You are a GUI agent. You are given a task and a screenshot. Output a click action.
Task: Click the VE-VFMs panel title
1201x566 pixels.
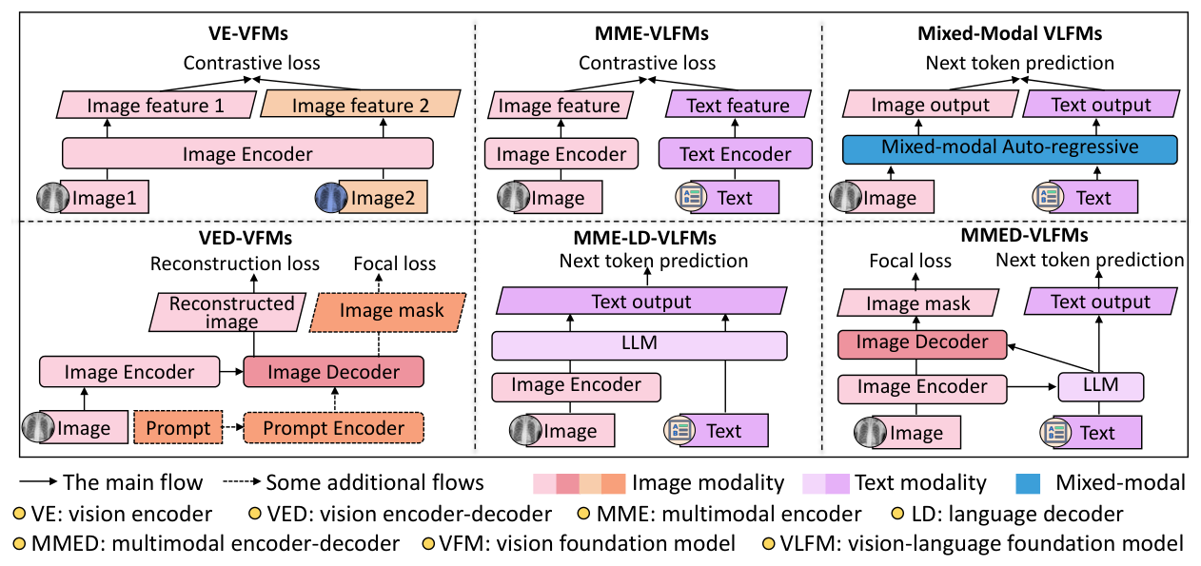(248, 33)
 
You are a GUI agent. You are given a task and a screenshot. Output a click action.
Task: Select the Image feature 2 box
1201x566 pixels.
(361, 104)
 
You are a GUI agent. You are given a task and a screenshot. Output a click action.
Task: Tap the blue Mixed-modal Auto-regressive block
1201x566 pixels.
(1010, 149)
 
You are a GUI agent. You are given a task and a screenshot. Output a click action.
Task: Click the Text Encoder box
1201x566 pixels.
(735, 154)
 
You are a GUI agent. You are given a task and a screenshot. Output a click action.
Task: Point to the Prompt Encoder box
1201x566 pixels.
(333, 428)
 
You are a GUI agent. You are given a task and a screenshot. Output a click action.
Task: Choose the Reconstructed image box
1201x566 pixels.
(227, 312)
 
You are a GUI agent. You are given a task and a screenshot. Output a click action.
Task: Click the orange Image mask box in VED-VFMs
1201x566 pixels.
(388, 312)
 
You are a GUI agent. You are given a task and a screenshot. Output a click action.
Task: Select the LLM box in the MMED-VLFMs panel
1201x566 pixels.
(1101, 386)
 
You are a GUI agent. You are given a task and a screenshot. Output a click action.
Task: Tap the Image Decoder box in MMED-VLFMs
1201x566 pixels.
(922, 344)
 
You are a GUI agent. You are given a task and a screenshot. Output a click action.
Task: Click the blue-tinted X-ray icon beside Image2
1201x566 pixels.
(331, 198)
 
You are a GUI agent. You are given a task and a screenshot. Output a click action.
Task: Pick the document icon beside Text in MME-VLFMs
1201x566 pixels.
(691, 197)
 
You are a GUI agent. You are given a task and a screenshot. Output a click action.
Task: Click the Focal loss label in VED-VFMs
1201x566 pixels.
(395, 263)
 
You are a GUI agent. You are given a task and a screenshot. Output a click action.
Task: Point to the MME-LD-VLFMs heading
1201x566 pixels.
(645, 238)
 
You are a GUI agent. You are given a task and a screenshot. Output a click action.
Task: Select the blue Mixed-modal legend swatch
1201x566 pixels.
(1028, 483)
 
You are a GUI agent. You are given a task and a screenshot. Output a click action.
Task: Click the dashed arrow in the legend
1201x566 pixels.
(242, 481)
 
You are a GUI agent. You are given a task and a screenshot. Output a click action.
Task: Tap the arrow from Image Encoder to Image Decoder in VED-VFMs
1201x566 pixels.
(231, 371)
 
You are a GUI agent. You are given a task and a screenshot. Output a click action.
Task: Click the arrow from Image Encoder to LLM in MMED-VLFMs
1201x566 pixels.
(1033, 386)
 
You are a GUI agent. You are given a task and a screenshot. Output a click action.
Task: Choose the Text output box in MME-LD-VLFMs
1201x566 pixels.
(641, 302)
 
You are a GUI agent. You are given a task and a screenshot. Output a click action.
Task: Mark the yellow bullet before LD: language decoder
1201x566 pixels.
(897, 514)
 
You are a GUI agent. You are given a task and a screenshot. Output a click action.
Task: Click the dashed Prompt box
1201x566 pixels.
(178, 428)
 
